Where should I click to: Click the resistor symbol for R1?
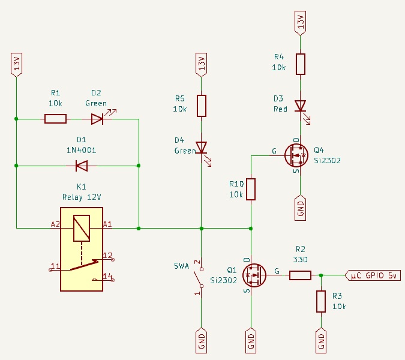(x=56, y=119)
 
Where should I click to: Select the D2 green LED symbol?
(x=97, y=119)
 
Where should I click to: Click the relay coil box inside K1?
(x=82, y=228)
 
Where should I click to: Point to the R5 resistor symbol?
(x=202, y=106)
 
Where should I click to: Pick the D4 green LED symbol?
(x=202, y=148)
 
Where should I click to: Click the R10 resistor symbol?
(x=251, y=189)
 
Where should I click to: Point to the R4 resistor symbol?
(x=301, y=64)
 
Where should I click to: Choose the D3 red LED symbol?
(x=301, y=106)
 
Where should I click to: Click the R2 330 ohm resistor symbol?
(x=301, y=275)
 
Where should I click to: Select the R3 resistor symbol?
(x=322, y=301)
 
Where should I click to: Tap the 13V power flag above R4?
(x=301, y=23)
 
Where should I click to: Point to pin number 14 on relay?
(x=108, y=276)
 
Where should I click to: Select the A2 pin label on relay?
(x=55, y=224)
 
